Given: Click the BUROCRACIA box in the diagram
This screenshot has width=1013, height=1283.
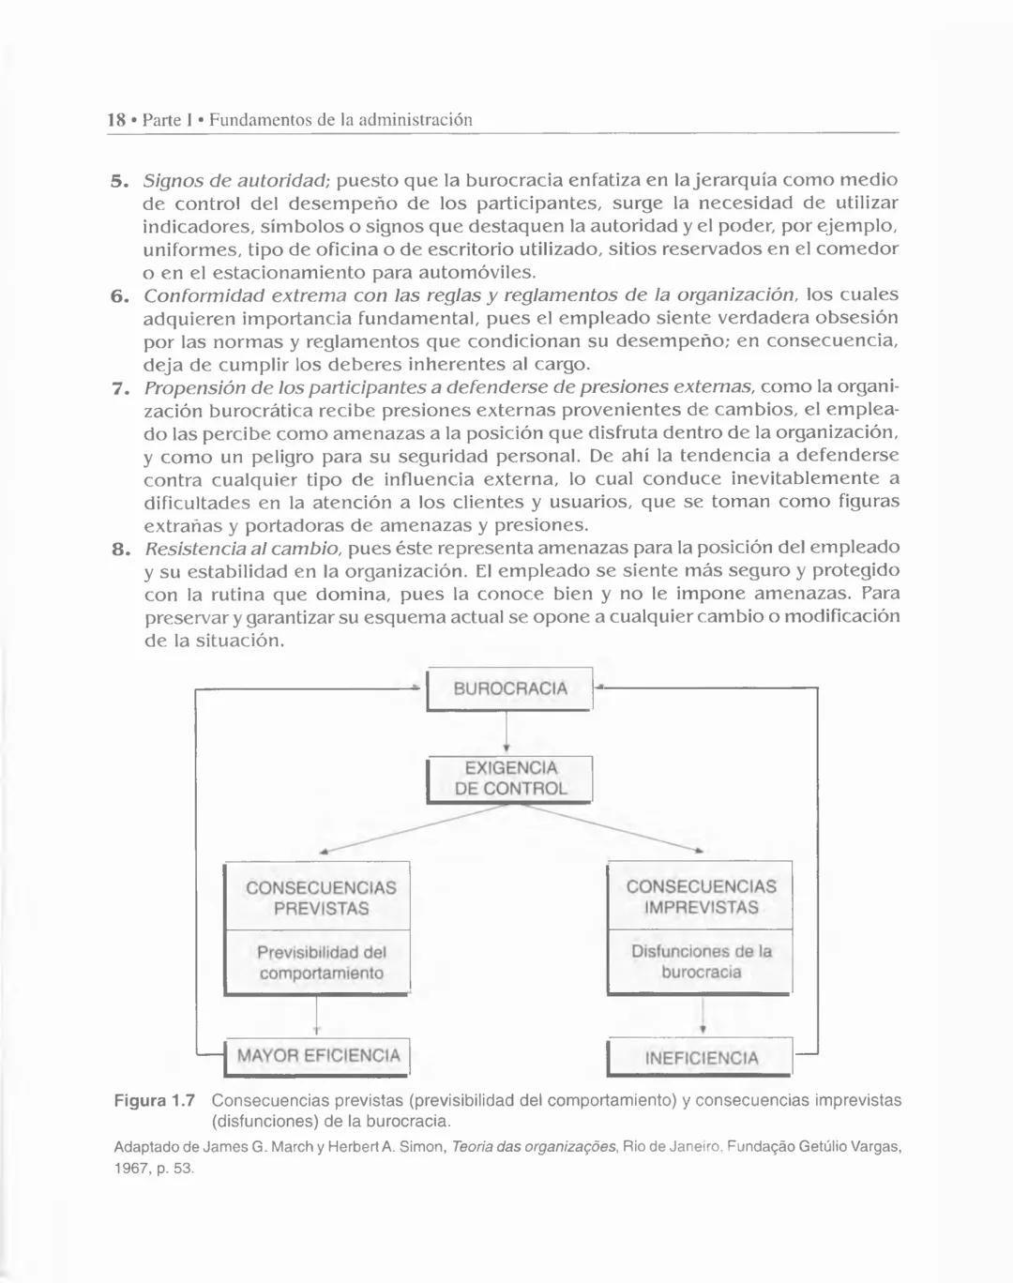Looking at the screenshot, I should [510, 688].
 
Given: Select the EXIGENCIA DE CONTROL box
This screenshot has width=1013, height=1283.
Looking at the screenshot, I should [510, 778].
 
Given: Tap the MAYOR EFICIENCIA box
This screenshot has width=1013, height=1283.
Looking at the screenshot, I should [318, 1056].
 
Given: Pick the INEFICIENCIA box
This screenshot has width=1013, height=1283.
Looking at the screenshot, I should [701, 1058].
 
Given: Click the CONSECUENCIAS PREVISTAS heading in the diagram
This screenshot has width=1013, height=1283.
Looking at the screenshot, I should [320, 898].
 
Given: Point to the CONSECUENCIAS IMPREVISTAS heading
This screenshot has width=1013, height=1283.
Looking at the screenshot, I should [701, 897].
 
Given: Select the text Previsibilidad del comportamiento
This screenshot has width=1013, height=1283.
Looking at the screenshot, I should [321, 962].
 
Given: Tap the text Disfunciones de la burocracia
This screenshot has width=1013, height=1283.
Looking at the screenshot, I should [701, 961].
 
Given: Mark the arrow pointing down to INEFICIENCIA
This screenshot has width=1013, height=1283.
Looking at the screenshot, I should [703, 1016].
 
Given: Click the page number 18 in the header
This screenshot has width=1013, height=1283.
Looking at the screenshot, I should [116, 120].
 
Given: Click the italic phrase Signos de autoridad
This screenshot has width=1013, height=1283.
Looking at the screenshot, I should [234, 179].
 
